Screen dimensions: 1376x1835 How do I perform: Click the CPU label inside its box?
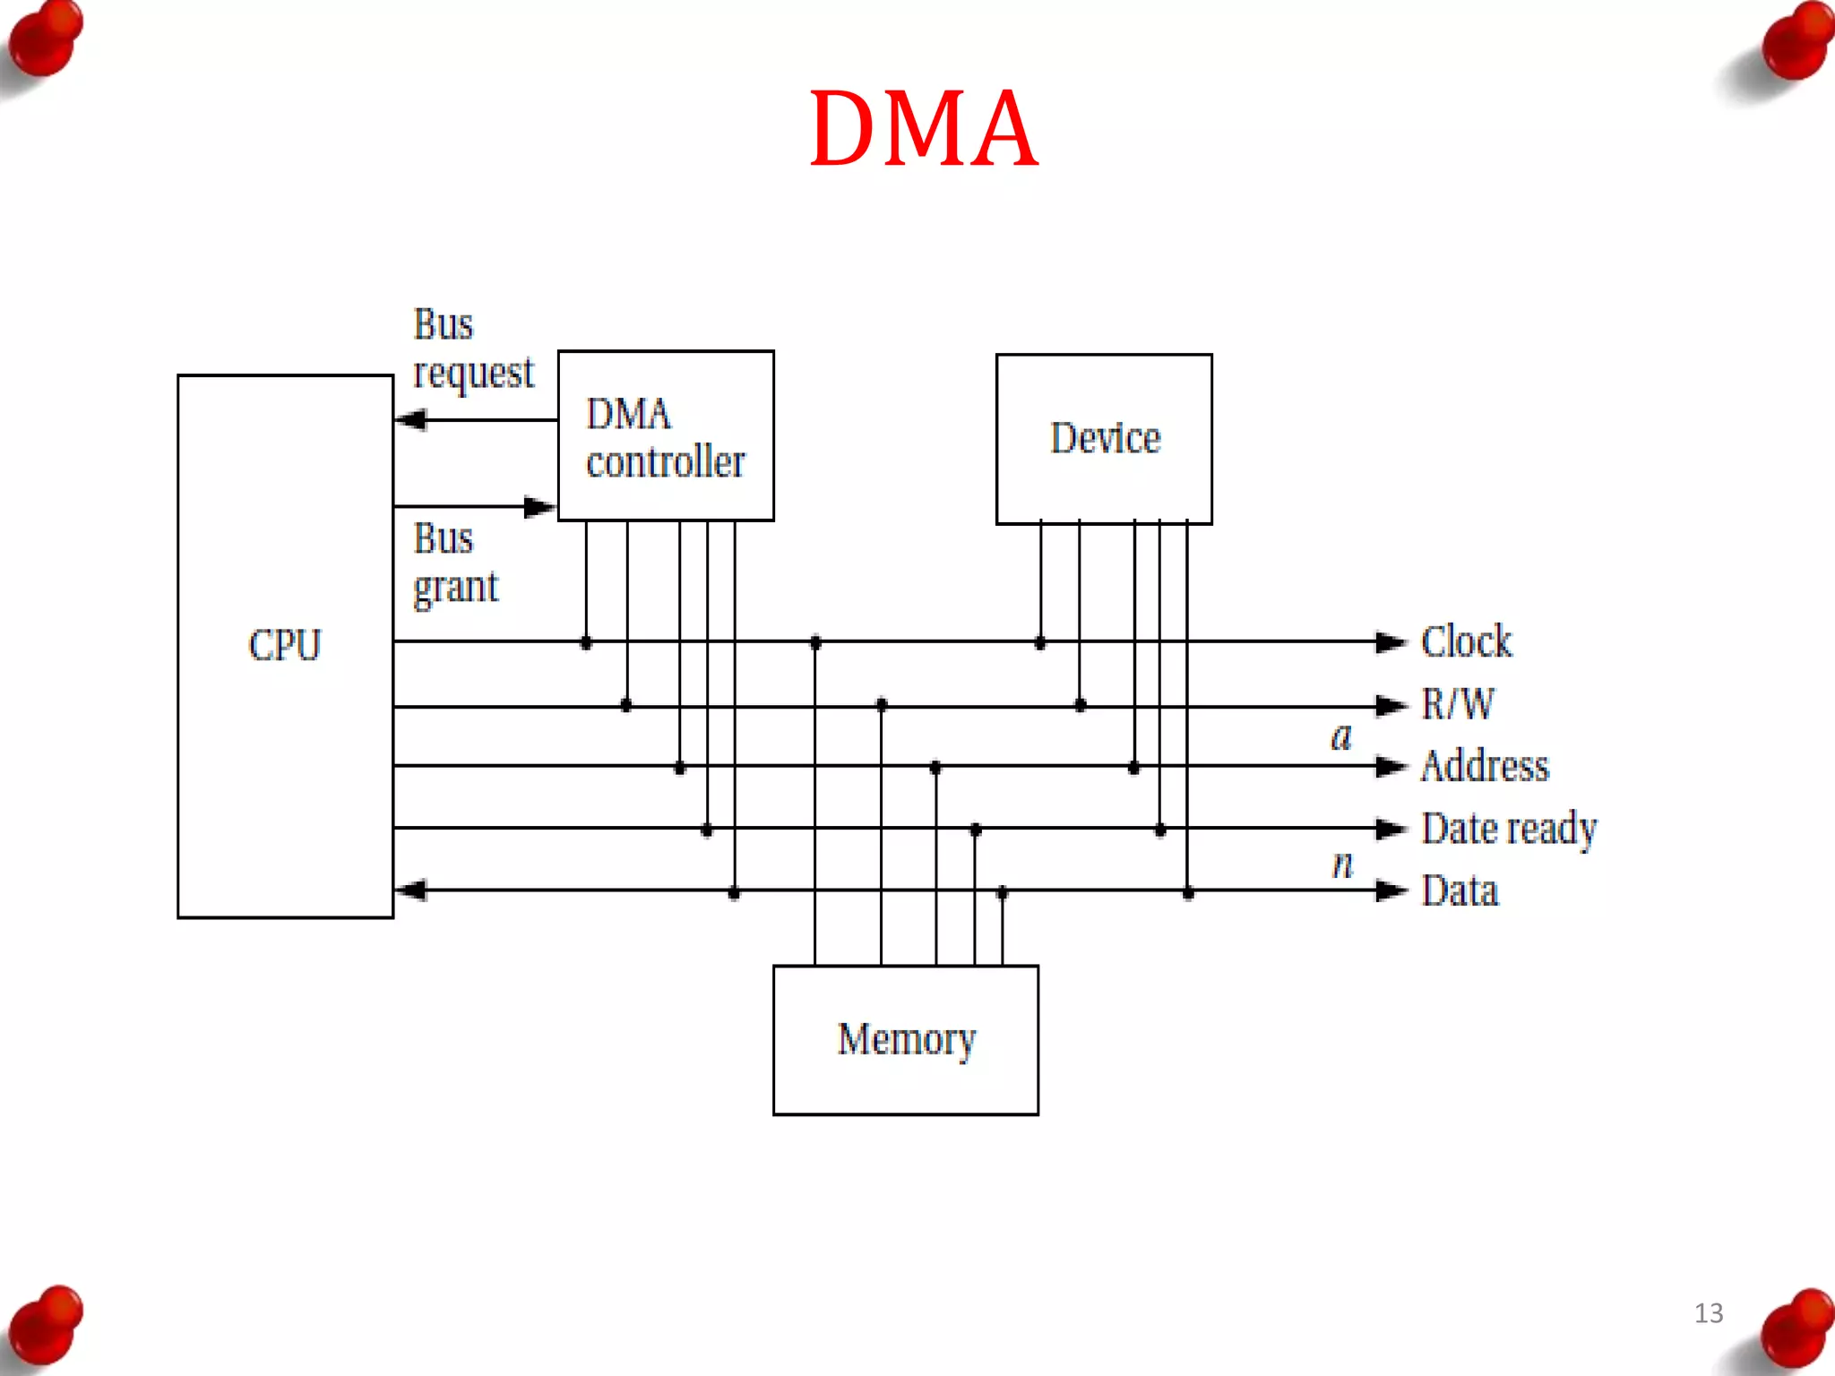[x=284, y=645]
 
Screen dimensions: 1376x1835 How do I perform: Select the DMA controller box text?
[x=665, y=438]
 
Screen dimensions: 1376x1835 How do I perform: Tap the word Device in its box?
[x=1105, y=438]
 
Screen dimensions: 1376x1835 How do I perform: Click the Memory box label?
[x=906, y=1039]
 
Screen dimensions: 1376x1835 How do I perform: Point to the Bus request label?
[x=472, y=349]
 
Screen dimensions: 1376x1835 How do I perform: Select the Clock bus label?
[x=1466, y=641]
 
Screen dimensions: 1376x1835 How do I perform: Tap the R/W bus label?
[x=1458, y=704]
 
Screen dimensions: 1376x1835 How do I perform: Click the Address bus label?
[x=1485, y=766]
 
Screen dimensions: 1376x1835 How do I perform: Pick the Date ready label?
[x=1509, y=829]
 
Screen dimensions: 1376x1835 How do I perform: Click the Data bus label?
[x=1460, y=890]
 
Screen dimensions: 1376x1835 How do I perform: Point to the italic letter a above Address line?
[x=1340, y=737]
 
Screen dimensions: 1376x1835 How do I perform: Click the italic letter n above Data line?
[x=1341, y=864]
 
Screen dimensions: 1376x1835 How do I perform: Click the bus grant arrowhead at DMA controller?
[x=539, y=507]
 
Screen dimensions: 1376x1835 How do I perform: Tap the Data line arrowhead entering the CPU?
[x=410, y=890]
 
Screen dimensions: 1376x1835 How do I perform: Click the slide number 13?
[x=1708, y=1312]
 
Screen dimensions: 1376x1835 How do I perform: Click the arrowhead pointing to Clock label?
[x=1391, y=641]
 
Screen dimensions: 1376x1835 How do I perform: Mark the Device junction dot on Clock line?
[x=1039, y=642]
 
